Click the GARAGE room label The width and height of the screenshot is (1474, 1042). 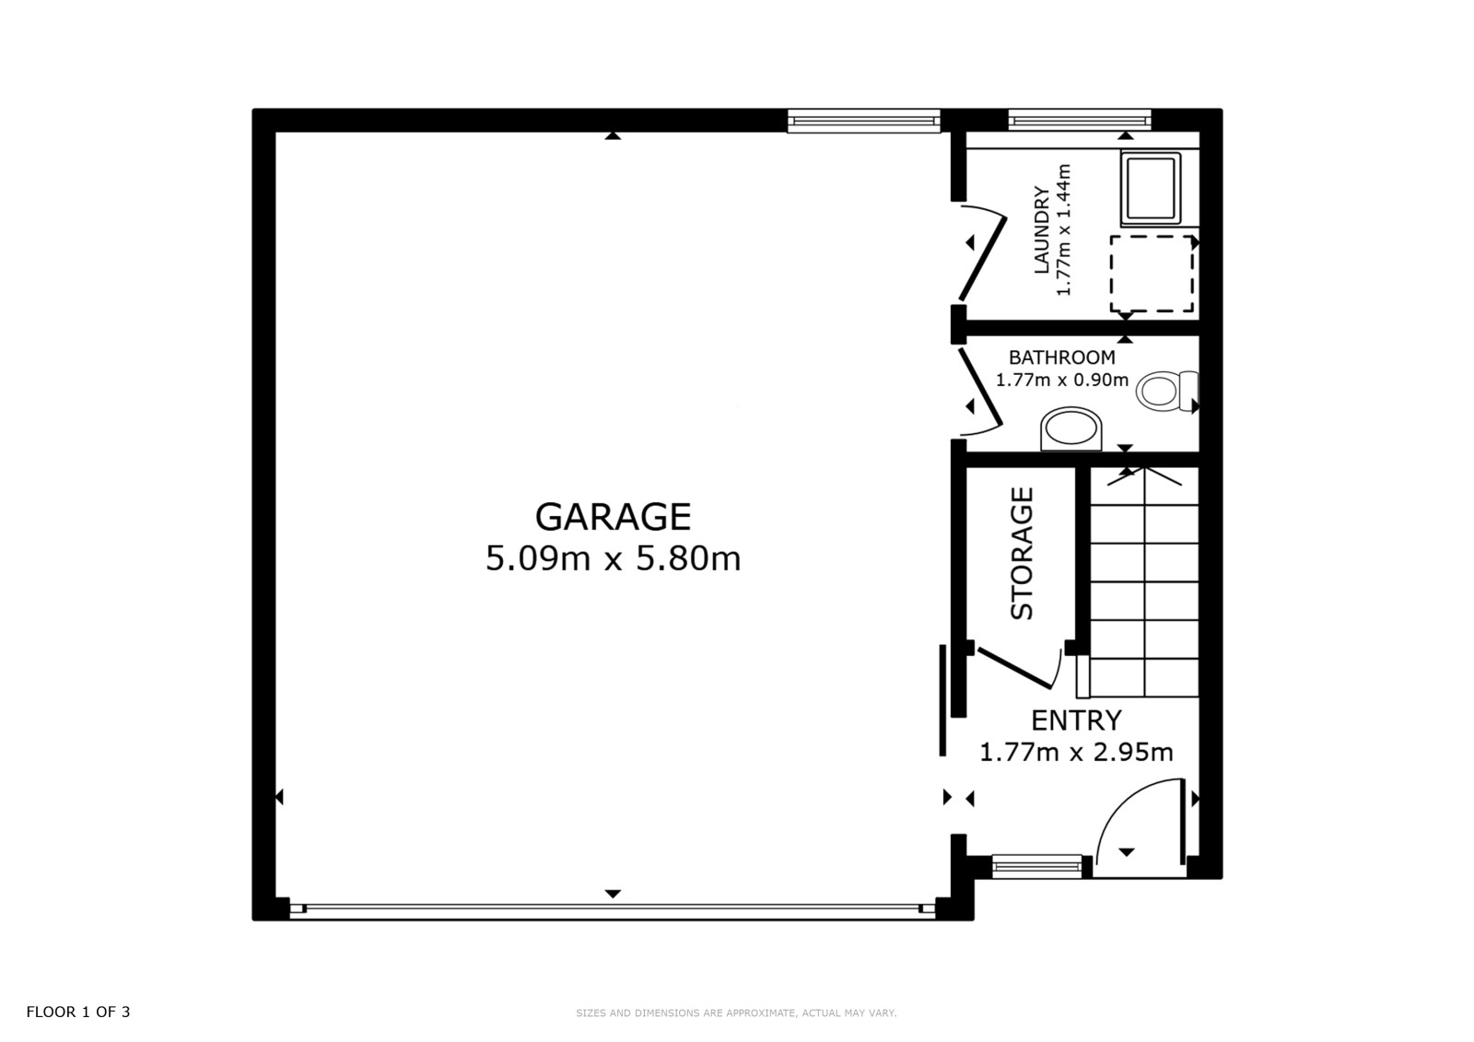(x=613, y=517)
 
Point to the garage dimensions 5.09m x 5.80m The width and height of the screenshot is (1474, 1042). (x=613, y=559)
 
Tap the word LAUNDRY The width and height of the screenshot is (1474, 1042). (x=1042, y=229)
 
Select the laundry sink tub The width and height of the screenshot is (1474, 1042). (x=1151, y=189)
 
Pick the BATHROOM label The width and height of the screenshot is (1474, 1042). (x=1062, y=357)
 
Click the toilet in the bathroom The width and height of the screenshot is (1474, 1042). (x=1166, y=391)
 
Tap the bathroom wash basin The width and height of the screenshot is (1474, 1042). (x=1071, y=428)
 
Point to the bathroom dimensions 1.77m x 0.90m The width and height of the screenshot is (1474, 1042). (x=1062, y=380)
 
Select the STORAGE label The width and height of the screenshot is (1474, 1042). (x=1022, y=554)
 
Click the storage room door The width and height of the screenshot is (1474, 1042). (x=1014, y=668)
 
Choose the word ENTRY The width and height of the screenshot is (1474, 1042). (x=1076, y=720)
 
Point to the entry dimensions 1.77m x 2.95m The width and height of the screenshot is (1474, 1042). (x=1076, y=752)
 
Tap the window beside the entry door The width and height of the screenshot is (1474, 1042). (x=1036, y=866)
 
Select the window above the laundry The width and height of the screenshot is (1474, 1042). (x=1079, y=121)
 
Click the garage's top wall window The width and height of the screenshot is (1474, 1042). (x=864, y=121)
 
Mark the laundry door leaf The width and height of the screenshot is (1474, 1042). (x=982, y=259)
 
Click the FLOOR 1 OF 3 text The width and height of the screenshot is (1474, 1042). (x=78, y=1012)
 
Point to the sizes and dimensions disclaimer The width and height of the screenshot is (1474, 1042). (x=736, y=1013)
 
